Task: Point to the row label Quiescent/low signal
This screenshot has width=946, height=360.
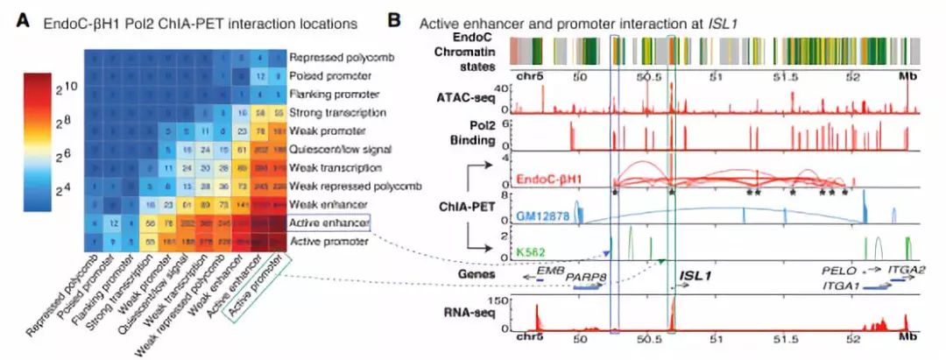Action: tap(336, 150)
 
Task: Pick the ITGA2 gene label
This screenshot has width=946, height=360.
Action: tap(905, 272)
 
